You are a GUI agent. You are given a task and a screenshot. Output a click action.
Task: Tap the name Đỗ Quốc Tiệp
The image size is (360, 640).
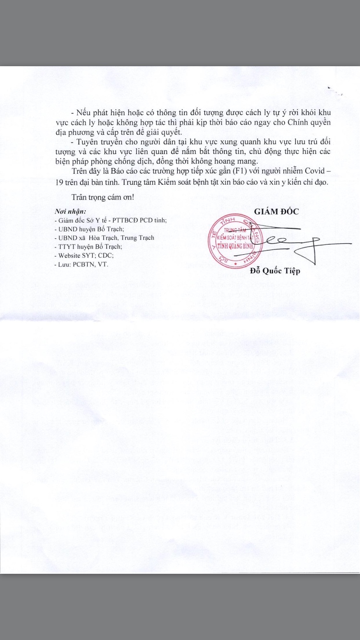coord(275,272)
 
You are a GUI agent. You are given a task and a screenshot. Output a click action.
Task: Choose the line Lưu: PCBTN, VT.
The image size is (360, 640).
coord(82,264)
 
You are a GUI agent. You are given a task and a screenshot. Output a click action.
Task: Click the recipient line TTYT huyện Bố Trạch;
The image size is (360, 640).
coord(89,247)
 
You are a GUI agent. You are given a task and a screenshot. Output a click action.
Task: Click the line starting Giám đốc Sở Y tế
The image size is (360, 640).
coord(111,220)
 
